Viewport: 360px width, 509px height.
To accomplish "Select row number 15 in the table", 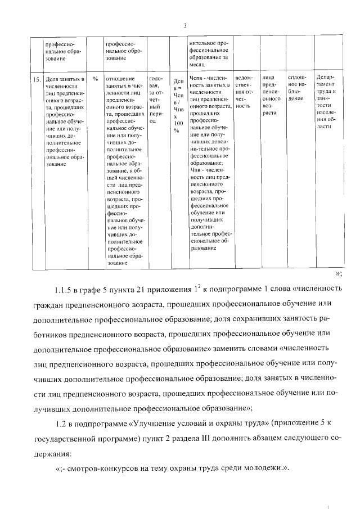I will [35, 80].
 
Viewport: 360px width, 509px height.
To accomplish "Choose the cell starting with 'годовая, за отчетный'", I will [156, 99].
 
